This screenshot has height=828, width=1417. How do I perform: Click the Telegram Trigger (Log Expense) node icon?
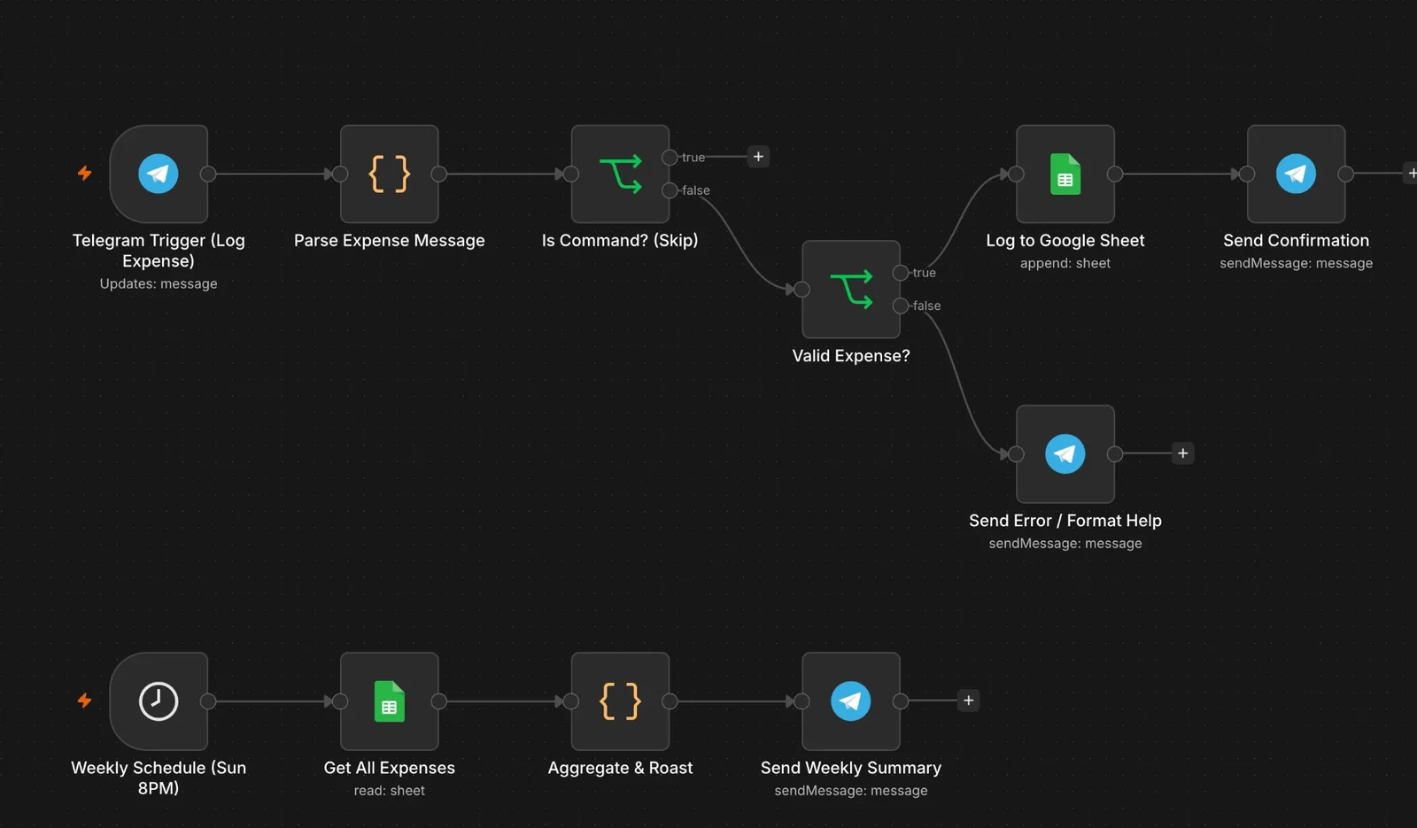(159, 174)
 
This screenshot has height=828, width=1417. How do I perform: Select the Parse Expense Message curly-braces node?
(389, 174)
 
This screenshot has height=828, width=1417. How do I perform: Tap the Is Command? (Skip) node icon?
(620, 174)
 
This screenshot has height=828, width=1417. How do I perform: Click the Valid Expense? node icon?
(851, 289)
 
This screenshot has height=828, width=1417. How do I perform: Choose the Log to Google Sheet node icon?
(1065, 174)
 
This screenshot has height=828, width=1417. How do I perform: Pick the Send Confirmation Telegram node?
(1297, 174)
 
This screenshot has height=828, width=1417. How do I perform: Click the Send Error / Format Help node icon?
(1065, 453)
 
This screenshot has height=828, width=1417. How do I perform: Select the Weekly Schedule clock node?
(159, 700)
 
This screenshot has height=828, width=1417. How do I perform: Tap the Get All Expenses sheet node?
(389, 700)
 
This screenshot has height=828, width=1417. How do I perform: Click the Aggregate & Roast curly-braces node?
(620, 700)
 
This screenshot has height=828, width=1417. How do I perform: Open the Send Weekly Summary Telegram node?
(851, 700)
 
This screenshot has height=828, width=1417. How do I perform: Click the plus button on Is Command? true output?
(758, 156)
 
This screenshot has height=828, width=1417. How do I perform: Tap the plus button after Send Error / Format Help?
(1183, 453)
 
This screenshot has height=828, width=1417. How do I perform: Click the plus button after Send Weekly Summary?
(969, 700)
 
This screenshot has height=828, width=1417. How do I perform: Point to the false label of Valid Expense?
(926, 306)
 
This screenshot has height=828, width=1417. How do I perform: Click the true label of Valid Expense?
(925, 273)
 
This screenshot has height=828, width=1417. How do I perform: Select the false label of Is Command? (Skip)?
(696, 190)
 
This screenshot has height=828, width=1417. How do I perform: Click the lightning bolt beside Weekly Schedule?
(85, 700)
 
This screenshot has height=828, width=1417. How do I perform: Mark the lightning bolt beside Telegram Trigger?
(85, 173)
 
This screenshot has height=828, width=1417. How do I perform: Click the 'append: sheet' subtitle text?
(1065, 263)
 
